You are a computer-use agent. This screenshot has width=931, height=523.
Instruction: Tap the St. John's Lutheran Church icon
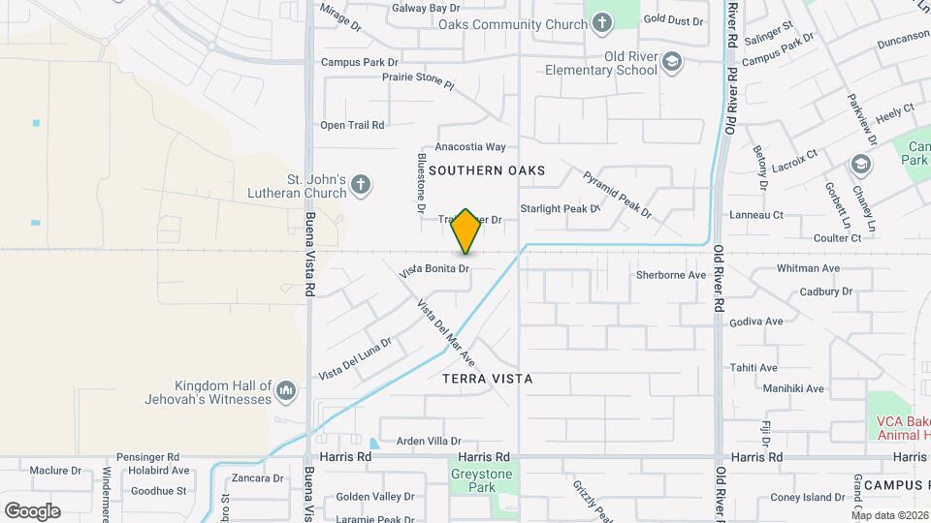[361, 185]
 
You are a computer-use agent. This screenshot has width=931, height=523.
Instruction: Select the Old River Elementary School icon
[671, 64]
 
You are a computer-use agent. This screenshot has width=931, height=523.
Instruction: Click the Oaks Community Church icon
[601, 23]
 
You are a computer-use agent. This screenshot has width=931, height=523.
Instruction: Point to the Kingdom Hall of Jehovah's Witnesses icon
[285, 391]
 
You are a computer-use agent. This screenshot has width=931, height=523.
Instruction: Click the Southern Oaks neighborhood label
[487, 170]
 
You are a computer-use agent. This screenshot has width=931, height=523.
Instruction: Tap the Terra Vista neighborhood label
[488, 379]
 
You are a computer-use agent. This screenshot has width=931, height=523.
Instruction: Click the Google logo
[32, 510]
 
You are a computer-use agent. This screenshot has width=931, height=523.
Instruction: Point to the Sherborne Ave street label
[671, 275]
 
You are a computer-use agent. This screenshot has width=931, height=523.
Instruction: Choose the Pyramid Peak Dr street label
[618, 194]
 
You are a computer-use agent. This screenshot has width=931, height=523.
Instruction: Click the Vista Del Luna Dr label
[355, 359]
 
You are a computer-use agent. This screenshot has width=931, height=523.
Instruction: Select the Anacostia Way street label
[470, 147]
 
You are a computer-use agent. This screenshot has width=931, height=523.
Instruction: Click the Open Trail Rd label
[352, 125]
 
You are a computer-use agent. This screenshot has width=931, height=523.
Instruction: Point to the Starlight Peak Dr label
[561, 208]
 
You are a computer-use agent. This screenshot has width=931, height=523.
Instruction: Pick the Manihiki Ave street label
[793, 388]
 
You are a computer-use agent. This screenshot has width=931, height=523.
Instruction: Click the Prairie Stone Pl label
[418, 80]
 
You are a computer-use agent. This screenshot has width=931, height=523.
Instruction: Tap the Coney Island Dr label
[808, 498]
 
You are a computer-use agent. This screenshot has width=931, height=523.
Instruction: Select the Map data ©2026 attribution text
[890, 515]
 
